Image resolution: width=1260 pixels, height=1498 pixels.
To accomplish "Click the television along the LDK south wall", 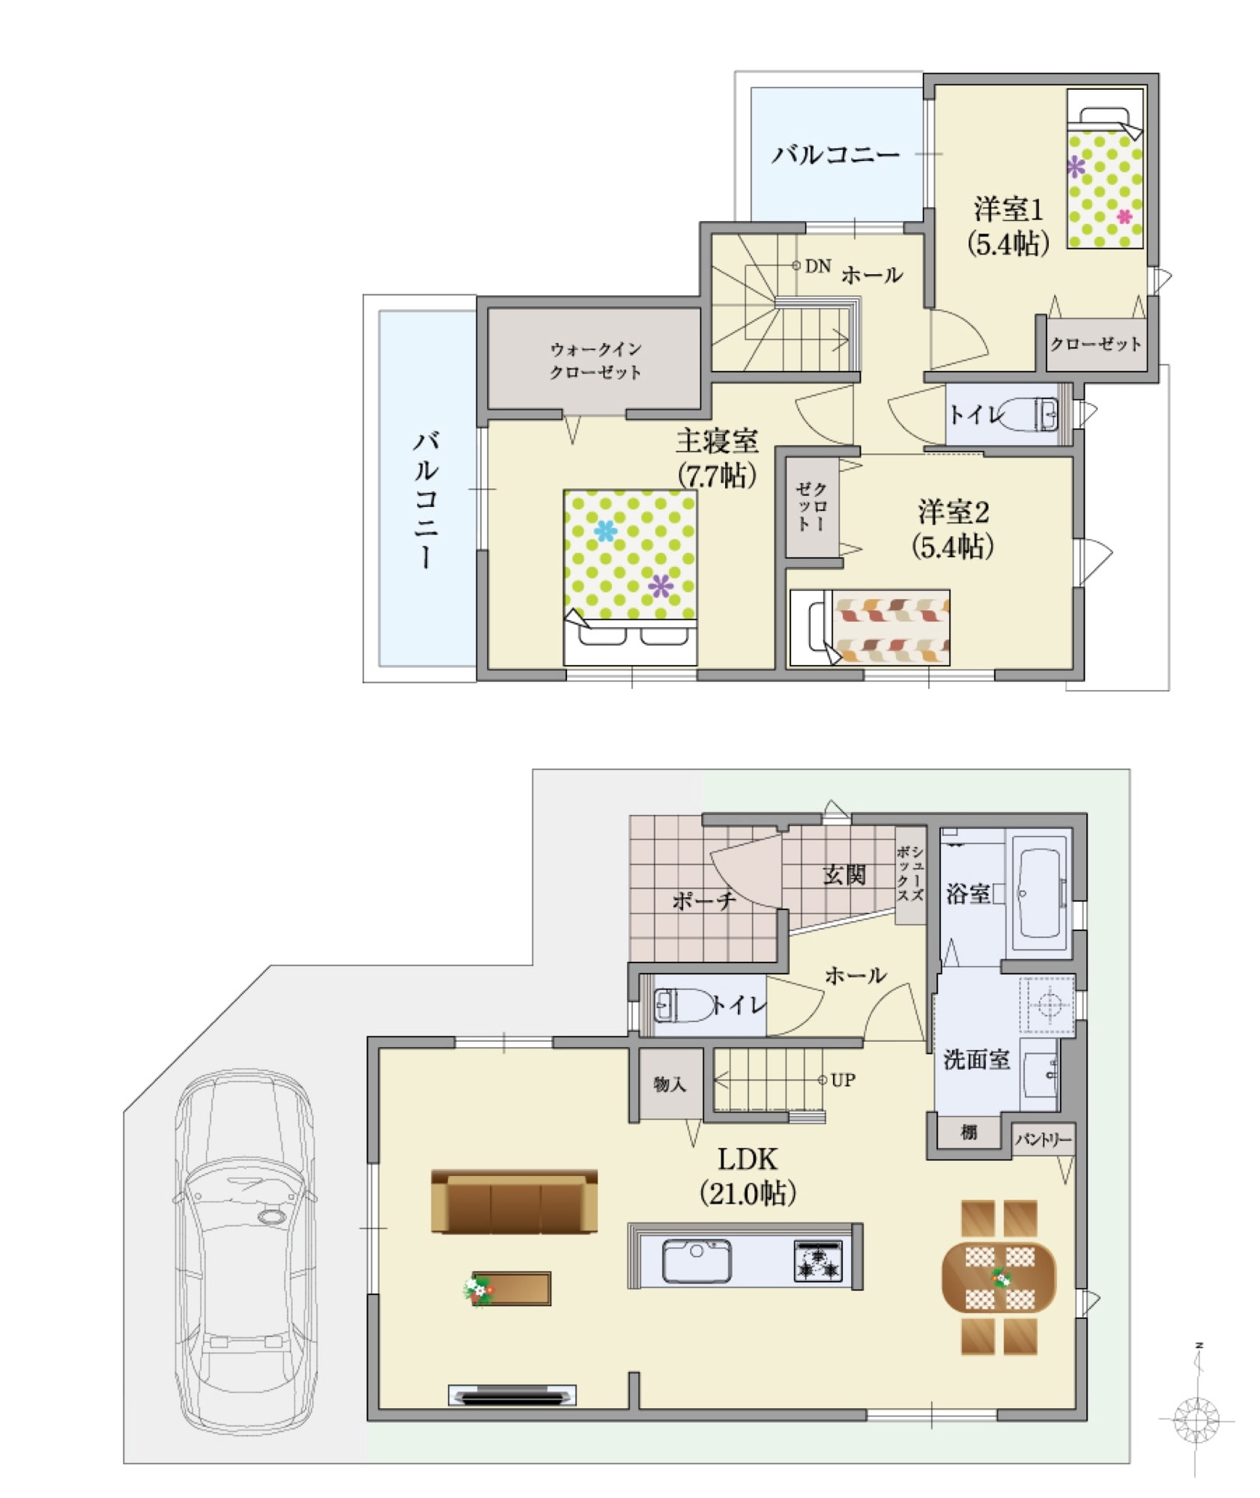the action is click(512, 1395).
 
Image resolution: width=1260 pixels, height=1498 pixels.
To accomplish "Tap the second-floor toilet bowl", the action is click(1027, 413).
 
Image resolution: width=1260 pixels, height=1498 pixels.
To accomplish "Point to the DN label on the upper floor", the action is click(818, 266).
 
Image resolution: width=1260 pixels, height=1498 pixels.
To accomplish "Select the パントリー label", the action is click(1043, 1139).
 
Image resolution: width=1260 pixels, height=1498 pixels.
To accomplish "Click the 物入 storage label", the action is click(669, 1084).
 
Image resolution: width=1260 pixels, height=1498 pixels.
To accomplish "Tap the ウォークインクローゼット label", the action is click(596, 361).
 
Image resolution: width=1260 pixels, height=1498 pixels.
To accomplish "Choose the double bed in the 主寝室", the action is click(630, 577).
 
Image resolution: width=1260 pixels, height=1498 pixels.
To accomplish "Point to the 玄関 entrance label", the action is click(844, 874).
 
